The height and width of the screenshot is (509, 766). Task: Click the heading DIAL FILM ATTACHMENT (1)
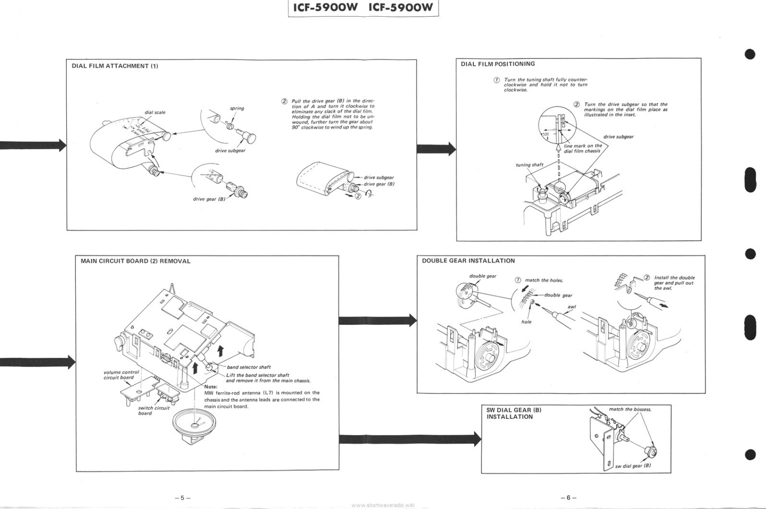coord(115,66)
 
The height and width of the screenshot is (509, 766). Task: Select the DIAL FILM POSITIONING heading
coord(498,64)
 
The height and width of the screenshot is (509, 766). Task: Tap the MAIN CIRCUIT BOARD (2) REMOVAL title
coord(135,261)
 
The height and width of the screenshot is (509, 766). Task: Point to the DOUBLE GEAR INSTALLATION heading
coord(468,261)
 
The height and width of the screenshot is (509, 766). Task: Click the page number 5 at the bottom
coord(182,498)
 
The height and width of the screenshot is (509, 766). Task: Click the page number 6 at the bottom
coord(568,498)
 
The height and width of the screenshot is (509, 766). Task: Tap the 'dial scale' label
coord(155,112)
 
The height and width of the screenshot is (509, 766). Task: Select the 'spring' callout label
coord(237,108)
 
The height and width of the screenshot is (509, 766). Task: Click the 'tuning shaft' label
coord(529,165)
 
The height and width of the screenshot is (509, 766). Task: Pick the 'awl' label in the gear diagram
coord(571,307)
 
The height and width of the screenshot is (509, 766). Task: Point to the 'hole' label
coord(526,322)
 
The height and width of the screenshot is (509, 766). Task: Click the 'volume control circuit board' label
coord(121,375)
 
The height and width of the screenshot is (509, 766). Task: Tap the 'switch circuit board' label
coord(153,411)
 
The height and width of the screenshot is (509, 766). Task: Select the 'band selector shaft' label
coord(249,367)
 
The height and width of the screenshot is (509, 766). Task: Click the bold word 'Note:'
coord(211,387)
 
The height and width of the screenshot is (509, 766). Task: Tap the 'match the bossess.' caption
coord(630,409)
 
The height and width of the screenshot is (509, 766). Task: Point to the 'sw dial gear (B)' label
coord(633,465)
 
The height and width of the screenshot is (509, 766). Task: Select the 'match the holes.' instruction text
coord(544,280)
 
